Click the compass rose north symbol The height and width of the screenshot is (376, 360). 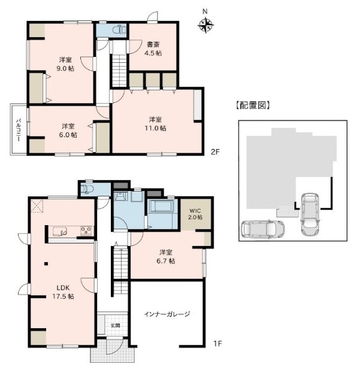click(206, 25)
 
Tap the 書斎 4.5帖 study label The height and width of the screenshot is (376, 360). click(153, 48)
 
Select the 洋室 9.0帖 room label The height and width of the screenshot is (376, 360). click(65, 64)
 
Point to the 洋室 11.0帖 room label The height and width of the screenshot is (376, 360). click(155, 123)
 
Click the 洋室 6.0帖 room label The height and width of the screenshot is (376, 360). click(68, 131)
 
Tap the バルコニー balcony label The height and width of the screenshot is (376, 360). click(19, 130)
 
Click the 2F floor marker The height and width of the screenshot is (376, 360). click(215, 151)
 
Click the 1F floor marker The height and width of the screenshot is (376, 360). click(217, 344)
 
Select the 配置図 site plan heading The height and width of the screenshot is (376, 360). click(253, 105)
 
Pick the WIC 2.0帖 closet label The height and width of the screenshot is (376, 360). click(196, 214)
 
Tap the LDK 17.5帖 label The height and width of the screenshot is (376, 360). click(63, 292)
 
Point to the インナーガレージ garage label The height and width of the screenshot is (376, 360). click(167, 314)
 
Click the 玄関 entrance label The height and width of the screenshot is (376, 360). click(116, 326)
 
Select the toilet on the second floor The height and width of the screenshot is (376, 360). click(119, 30)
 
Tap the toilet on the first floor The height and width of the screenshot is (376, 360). click(87, 189)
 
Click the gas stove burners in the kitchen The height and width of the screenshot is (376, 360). click(86, 231)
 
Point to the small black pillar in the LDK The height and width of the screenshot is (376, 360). click(46, 264)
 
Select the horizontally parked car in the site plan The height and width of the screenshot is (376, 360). click(263, 229)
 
